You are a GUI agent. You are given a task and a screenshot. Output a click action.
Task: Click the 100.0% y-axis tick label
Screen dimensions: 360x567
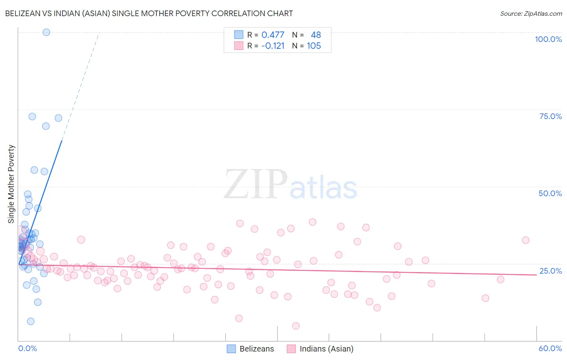click(x=548, y=39)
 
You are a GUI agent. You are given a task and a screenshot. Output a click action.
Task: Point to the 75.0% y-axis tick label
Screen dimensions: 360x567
click(x=550, y=116)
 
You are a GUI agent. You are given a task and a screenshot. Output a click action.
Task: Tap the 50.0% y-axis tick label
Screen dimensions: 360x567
click(x=550, y=193)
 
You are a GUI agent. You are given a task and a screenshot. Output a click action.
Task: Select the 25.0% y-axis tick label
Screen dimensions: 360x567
click(x=550, y=271)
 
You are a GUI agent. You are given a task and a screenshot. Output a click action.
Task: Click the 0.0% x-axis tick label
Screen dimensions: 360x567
click(x=27, y=348)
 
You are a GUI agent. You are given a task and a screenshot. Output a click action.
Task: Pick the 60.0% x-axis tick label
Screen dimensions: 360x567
click(x=550, y=348)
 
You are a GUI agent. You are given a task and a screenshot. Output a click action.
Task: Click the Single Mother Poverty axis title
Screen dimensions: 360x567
click(x=11, y=184)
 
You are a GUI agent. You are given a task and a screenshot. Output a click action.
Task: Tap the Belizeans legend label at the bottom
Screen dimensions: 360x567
click(x=256, y=349)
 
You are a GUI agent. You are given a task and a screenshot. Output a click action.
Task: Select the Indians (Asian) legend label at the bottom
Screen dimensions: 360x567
click(x=326, y=349)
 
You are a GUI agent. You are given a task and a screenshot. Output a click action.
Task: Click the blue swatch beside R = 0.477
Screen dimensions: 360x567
click(x=239, y=35)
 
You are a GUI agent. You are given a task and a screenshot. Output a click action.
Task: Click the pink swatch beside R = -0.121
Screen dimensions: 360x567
click(x=239, y=46)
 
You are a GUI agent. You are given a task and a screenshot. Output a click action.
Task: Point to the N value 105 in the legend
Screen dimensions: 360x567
click(x=314, y=46)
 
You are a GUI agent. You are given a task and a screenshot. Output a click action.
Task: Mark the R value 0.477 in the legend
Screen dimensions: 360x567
click(x=273, y=35)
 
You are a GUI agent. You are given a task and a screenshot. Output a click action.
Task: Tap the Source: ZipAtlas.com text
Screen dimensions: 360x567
click(x=531, y=13)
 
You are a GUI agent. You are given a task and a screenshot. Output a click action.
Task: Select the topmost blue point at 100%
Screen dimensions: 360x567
click(x=46, y=32)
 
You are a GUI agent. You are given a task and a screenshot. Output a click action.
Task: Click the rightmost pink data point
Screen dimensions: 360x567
click(x=525, y=240)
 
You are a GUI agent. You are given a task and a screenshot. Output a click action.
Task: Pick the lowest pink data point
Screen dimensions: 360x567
click(x=296, y=326)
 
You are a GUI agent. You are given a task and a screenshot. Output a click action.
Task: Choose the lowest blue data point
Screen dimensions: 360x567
click(x=31, y=321)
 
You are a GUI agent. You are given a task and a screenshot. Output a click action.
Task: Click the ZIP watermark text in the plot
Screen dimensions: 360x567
click(x=255, y=184)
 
